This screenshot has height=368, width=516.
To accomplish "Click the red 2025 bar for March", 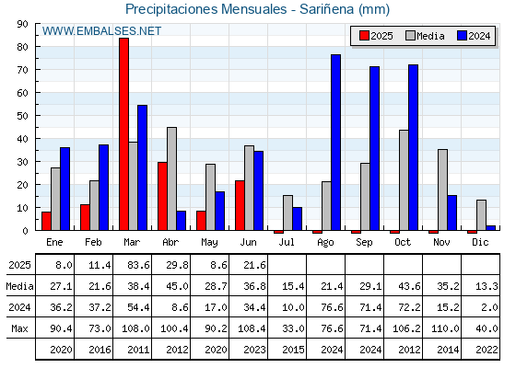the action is tap(124, 134).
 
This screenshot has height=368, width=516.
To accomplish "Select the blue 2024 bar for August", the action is tap(336, 143).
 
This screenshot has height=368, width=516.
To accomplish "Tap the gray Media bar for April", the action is tap(171, 178).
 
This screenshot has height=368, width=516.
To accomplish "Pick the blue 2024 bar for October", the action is tap(414, 147).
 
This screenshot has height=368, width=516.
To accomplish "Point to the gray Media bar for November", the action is tap(442, 190).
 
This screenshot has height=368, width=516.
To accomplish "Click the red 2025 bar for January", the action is tap(46, 221).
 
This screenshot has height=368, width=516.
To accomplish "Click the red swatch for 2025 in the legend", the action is tap(364, 36).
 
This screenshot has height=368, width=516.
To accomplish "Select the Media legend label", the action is tap(430, 36).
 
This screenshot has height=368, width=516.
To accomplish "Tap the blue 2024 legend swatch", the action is tap(462, 36).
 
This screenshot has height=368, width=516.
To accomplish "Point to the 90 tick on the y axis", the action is tap(23, 24).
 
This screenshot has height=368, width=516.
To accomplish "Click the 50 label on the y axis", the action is tap(23, 116).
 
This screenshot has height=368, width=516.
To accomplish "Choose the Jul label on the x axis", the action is tap(287, 242).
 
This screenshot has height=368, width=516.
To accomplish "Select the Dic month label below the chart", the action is tap(480, 242).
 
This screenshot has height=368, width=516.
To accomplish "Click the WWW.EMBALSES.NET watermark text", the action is tap(101, 31).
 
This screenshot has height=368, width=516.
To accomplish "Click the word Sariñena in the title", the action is tap(326, 9).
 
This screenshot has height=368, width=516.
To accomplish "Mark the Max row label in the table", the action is tap(19, 328).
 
